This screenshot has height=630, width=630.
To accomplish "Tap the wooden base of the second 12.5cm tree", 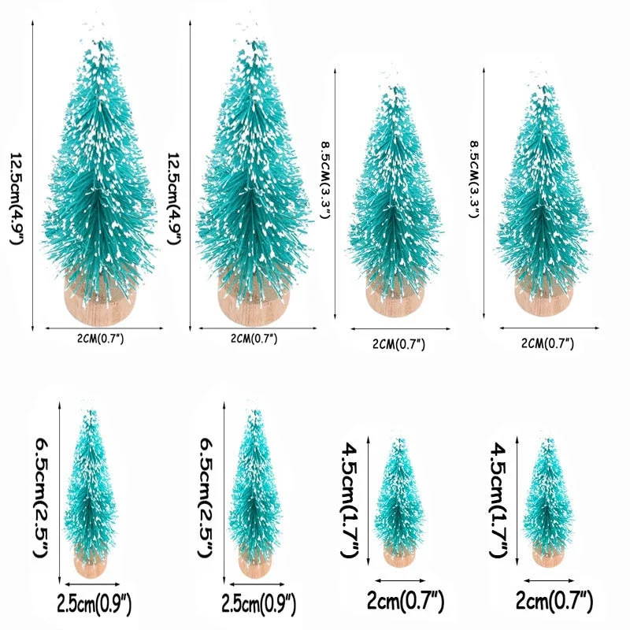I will coord(251,302).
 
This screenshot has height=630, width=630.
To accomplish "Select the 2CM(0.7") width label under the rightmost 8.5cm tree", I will coord(549,343).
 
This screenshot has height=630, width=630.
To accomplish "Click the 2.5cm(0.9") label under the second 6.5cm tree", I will coord(256,605).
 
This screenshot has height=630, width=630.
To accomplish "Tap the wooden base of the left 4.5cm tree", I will coord(398,556).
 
